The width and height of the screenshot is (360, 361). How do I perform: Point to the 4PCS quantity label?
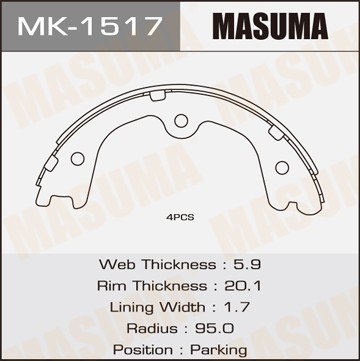pos(180,214)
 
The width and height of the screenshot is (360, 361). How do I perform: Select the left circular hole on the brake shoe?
pos(78,158)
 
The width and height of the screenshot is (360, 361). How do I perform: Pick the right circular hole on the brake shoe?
pos(284,158)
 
